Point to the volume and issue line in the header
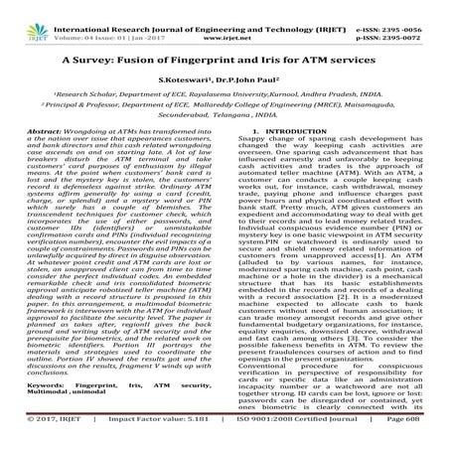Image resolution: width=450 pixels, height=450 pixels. pos(95,18)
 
